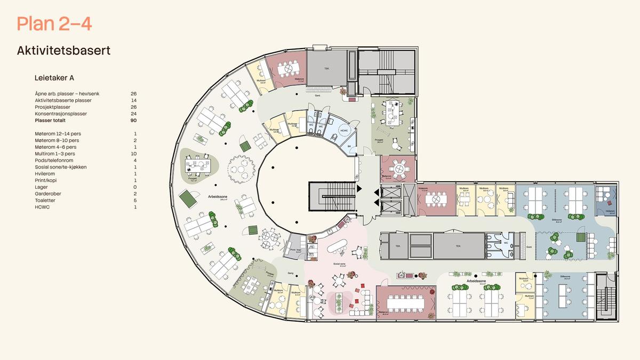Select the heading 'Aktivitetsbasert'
click(x=63, y=51)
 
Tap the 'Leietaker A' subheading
click(x=54, y=77)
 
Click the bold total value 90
click(x=133, y=121)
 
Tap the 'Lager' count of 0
click(x=135, y=187)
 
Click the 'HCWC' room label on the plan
click(x=343, y=130)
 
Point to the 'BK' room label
click(x=349, y=146)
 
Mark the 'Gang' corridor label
click(x=291, y=273)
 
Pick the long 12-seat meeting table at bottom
click(x=405, y=303)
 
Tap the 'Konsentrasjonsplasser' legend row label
click(x=60, y=114)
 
